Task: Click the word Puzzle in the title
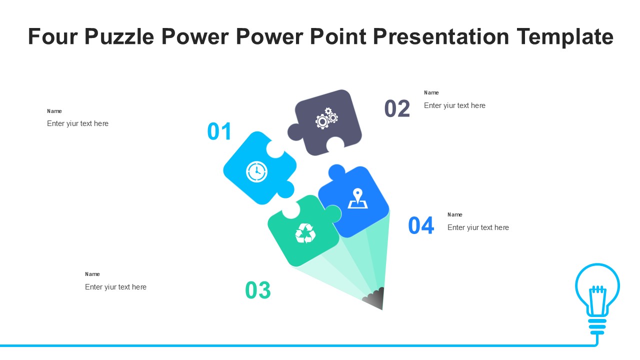pyautogui.click(x=119, y=37)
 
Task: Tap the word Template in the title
pyautogui.click(x=565, y=37)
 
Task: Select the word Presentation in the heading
pyautogui.click(x=441, y=36)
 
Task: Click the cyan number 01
pyautogui.click(x=219, y=131)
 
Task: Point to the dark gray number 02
pyautogui.click(x=397, y=108)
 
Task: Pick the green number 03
pyautogui.click(x=257, y=290)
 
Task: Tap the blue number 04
pyautogui.click(x=421, y=225)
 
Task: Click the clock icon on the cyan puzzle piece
pyautogui.click(x=256, y=171)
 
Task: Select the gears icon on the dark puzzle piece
pyautogui.click(x=326, y=118)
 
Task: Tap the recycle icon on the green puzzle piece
pyautogui.click(x=305, y=233)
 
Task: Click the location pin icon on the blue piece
pyautogui.click(x=357, y=198)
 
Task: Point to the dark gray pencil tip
pyautogui.click(x=375, y=299)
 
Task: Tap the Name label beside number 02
pyautogui.click(x=431, y=92)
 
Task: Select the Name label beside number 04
pyautogui.click(x=455, y=214)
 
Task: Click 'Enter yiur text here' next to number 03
pyautogui.click(x=115, y=287)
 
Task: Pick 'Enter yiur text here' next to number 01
pyautogui.click(x=77, y=123)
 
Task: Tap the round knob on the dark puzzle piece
pyautogui.click(x=295, y=132)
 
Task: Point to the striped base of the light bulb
pyautogui.click(x=597, y=326)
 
